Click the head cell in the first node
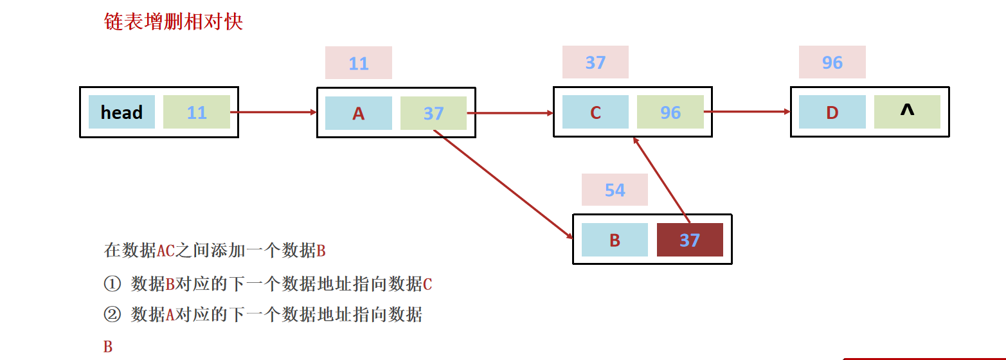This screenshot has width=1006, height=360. click(121, 112)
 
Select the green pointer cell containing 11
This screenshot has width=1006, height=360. click(196, 112)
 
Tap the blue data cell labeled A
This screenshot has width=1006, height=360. click(358, 113)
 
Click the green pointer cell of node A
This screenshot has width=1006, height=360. click(433, 113)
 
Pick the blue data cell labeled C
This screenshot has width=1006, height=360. click(595, 113)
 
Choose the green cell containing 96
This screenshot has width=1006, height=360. click(670, 113)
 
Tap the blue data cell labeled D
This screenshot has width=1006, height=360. click(832, 113)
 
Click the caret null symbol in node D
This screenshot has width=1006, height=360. click(906, 111)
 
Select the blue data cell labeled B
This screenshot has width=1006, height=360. click(615, 240)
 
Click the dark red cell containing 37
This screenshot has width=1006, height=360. click(689, 240)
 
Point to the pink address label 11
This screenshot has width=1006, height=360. click(358, 63)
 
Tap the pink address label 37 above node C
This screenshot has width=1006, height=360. click(595, 62)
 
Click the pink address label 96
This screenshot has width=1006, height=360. click(832, 62)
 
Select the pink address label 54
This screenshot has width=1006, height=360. click(615, 190)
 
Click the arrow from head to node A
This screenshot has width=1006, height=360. click(273, 112)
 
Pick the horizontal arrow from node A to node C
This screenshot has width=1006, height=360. click(510, 113)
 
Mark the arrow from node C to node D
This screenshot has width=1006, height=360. click(746, 112)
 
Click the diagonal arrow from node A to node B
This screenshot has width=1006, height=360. click(503, 184)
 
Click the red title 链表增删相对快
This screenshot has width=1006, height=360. click(174, 21)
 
